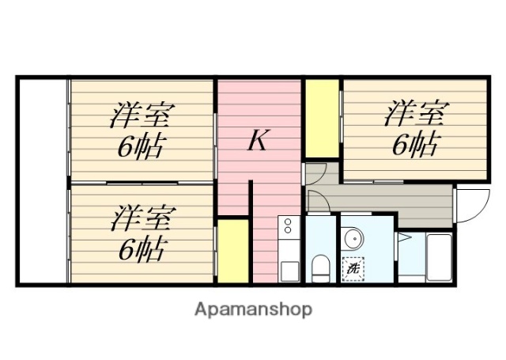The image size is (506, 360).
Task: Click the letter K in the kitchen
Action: pyautogui.click(x=258, y=141)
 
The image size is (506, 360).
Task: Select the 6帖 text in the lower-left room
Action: pyautogui.click(x=142, y=249)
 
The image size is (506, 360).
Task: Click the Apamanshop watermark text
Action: pyautogui.click(x=253, y=309)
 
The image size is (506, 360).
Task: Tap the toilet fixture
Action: pyautogui.click(x=321, y=268)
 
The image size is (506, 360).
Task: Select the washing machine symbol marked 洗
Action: pyautogui.click(x=353, y=268)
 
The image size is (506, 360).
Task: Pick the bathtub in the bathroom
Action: pyautogui.click(x=438, y=258)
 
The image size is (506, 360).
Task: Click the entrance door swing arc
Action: pyautogui.click(x=473, y=207)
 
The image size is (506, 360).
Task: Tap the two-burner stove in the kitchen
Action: pyautogui.click(x=288, y=227)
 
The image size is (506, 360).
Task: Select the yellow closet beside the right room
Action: pyautogui.click(x=322, y=118)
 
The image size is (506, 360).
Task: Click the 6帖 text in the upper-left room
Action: pyautogui.click(x=142, y=146)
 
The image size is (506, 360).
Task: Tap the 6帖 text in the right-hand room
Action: pyautogui.click(x=414, y=144)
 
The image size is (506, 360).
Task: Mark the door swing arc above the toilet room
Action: pyautogui.click(x=315, y=202)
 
